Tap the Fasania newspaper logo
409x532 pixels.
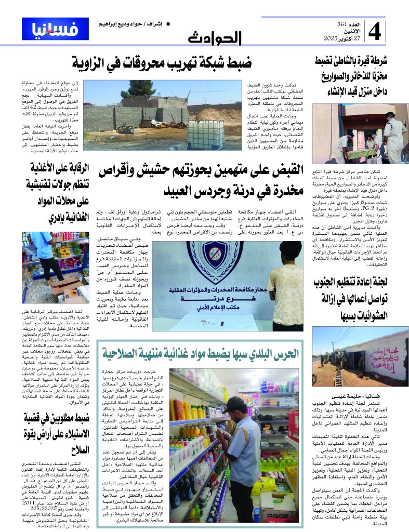[x=48, y=29]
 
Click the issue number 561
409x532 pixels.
[x=341, y=24]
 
